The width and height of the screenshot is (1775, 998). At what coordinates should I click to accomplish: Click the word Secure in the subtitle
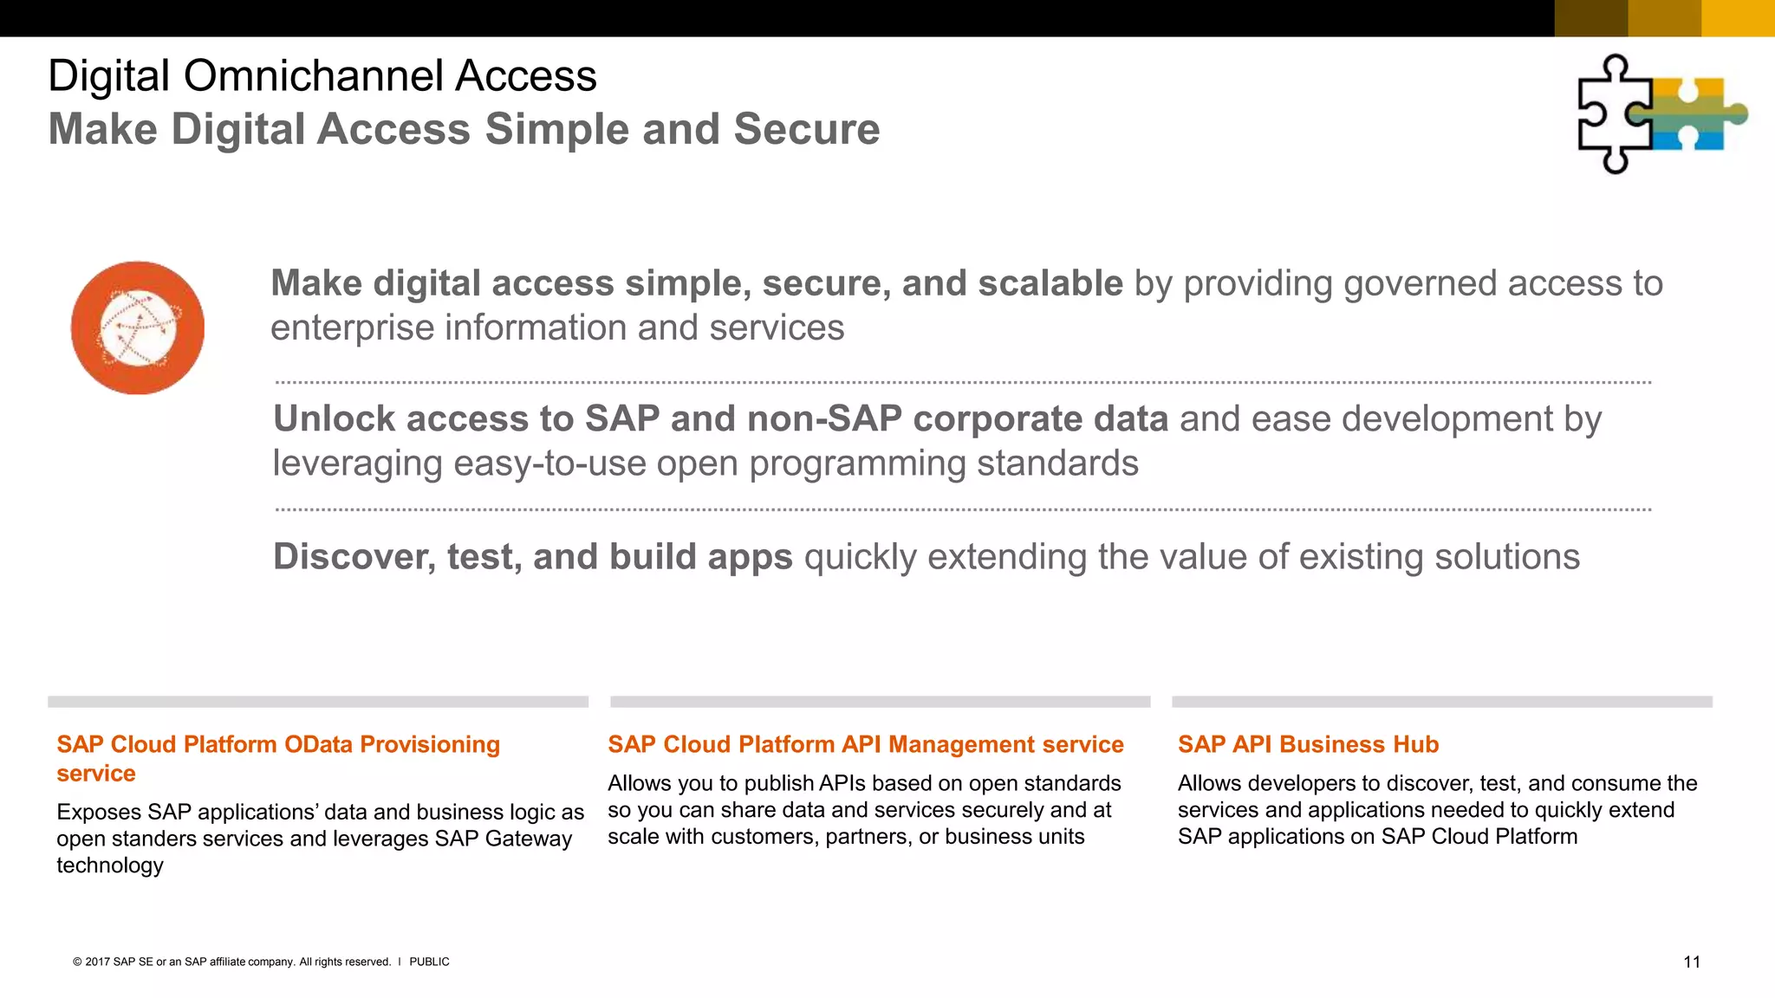point(806,130)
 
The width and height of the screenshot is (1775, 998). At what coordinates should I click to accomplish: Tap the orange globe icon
point(138,327)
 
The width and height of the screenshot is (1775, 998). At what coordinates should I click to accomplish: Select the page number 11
point(1691,962)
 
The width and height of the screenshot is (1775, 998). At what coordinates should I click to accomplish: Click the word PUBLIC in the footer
point(429,962)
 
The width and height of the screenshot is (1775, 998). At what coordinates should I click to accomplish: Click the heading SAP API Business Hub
point(1307,745)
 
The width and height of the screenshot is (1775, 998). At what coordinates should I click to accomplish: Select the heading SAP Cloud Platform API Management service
point(865,745)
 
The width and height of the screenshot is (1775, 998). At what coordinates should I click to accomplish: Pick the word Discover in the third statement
point(353,557)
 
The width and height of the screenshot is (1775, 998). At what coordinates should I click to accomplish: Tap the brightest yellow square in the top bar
point(1738,18)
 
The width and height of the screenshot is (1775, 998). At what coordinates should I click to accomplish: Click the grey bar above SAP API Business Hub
point(1441,702)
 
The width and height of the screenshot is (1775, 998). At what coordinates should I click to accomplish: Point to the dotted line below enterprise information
point(962,382)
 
